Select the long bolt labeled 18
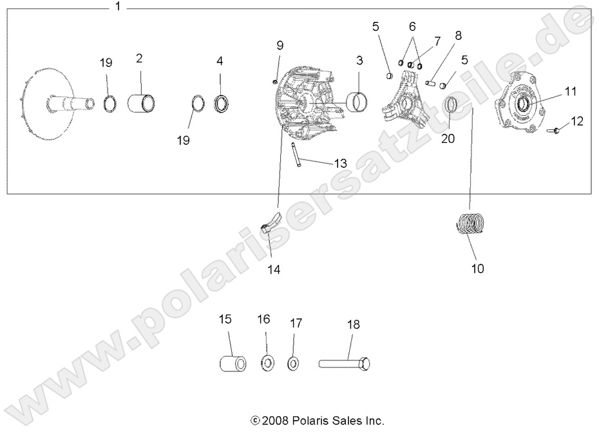(x=345, y=364)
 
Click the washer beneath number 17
(x=294, y=364)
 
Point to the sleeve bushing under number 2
(x=143, y=102)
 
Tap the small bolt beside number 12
(x=553, y=131)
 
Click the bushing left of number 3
(x=356, y=102)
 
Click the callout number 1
(x=117, y=7)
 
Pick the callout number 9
(x=280, y=45)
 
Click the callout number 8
(x=458, y=35)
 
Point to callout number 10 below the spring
(x=477, y=268)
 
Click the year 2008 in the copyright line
(x=273, y=421)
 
